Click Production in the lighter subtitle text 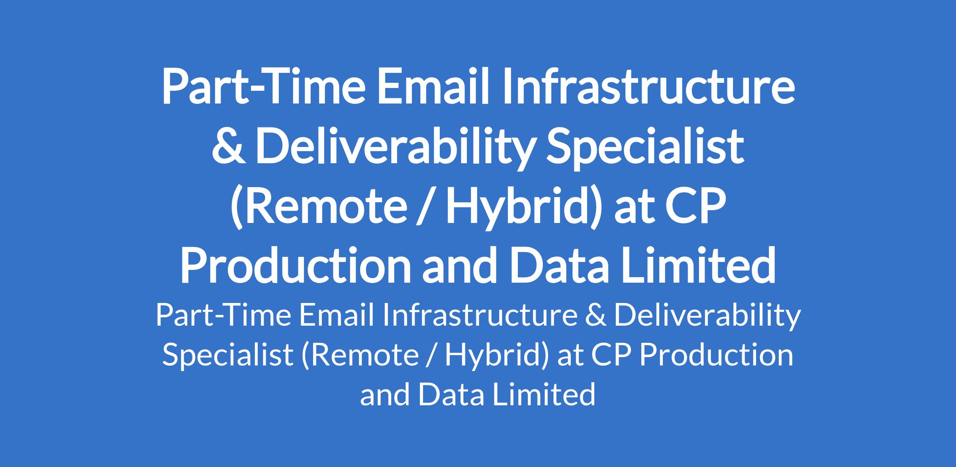pyautogui.click(x=716, y=354)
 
